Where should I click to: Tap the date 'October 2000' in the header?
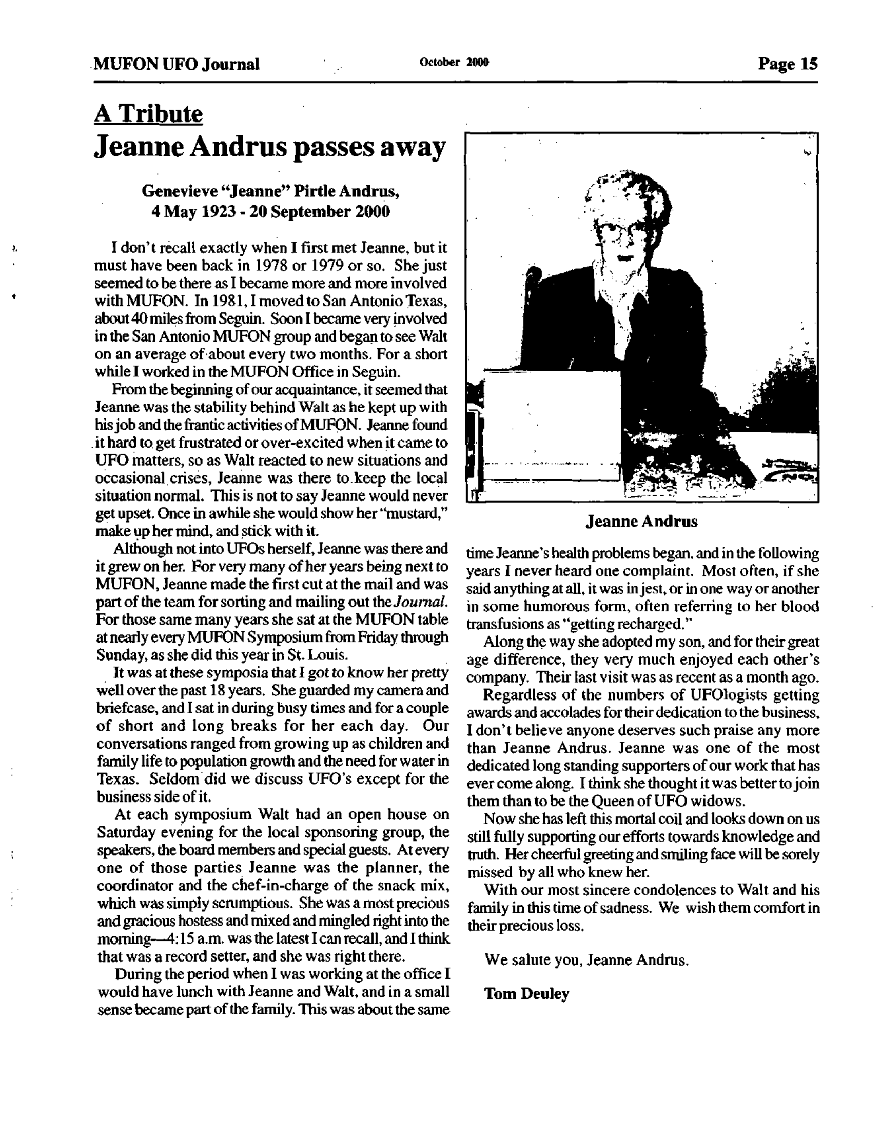454,63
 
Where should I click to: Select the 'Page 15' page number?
788,64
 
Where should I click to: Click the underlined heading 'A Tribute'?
148,114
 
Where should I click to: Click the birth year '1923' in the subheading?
221,212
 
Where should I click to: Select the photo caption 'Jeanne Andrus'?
641,522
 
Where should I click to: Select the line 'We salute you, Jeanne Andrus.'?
586,959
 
